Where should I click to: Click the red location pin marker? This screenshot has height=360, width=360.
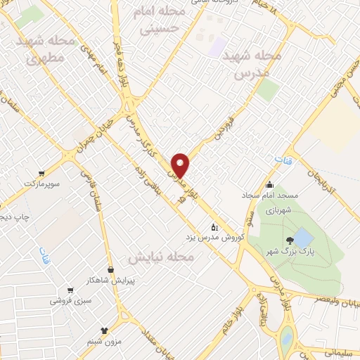(x=181, y=165)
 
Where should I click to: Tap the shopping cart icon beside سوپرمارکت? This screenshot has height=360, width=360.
(x=43, y=173)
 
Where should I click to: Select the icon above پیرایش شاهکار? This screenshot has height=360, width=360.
(x=110, y=269)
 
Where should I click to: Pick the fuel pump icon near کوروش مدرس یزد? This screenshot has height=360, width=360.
(x=214, y=227)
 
